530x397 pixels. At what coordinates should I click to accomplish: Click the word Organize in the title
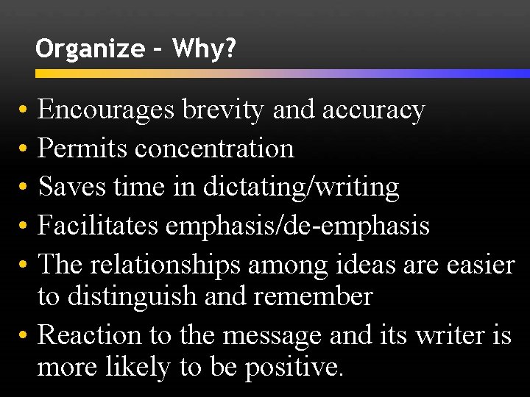pos(90,49)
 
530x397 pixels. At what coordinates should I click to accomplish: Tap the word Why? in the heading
pos(205,49)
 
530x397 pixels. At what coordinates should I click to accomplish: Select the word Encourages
pos(106,110)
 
